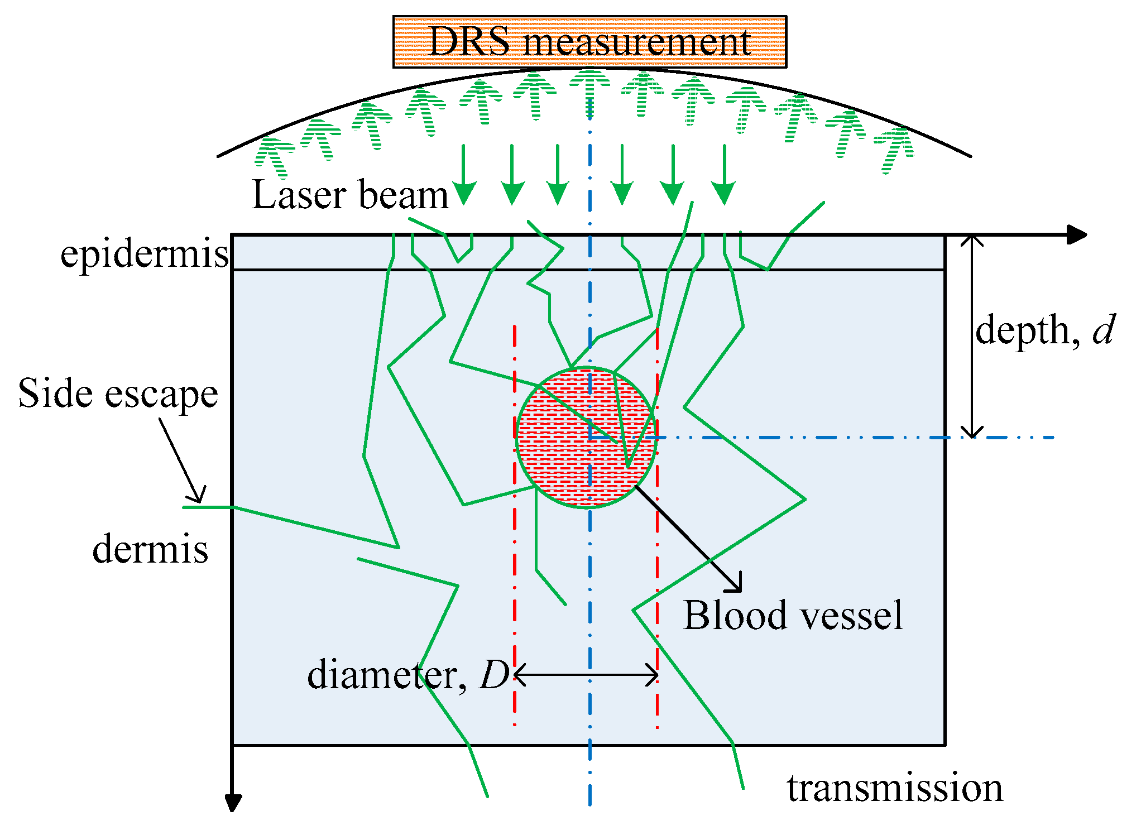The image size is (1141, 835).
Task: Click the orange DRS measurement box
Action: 589,42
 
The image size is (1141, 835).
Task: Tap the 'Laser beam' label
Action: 350,195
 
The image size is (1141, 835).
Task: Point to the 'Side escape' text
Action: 118,394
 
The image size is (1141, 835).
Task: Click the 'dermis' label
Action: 150,549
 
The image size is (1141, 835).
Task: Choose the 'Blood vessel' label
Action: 793,616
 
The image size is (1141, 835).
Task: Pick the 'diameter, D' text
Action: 408,675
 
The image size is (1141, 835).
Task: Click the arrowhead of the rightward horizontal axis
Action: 1077,235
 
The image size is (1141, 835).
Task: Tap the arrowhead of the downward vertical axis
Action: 233,803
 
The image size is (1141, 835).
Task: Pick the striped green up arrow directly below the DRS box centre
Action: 589,89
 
